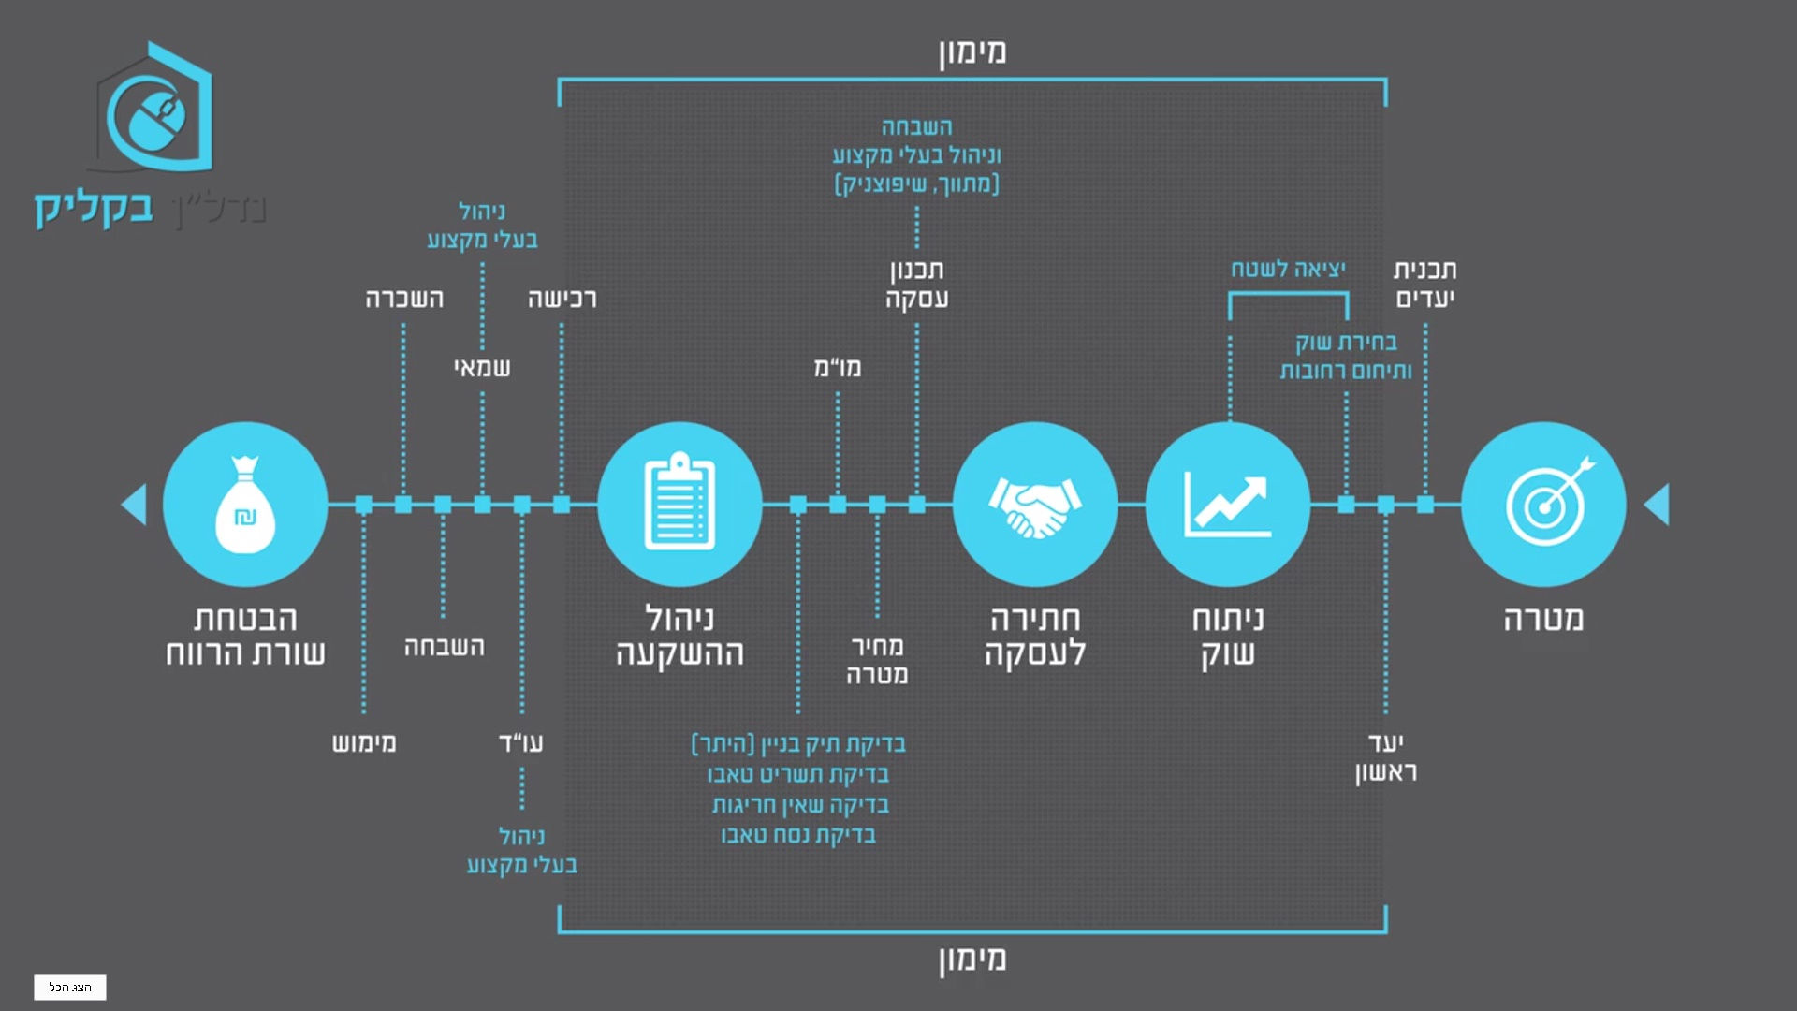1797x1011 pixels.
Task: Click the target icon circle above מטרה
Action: point(1543,505)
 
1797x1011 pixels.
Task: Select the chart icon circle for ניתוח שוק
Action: point(1227,505)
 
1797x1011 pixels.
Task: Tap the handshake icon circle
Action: point(1034,505)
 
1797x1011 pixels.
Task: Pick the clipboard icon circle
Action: point(679,505)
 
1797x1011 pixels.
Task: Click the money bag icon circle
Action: point(245,505)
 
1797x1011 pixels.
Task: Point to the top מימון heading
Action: point(972,51)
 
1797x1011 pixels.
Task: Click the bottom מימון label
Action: point(972,959)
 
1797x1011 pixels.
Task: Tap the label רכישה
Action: point(562,299)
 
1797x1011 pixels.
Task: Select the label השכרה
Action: point(403,299)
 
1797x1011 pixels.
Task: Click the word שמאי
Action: point(482,368)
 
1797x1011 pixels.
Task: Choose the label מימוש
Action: point(364,743)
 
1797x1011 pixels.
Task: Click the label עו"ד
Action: point(521,743)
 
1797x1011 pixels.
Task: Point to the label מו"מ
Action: point(837,368)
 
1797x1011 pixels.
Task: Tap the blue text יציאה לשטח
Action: point(1288,270)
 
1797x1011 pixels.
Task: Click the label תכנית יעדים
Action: point(1424,284)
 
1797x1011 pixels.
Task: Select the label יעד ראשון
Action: point(1386,757)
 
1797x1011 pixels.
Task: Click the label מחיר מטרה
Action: point(877,660)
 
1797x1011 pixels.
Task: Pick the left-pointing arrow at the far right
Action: point(1657,505)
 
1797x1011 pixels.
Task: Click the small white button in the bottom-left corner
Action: point(70,988)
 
